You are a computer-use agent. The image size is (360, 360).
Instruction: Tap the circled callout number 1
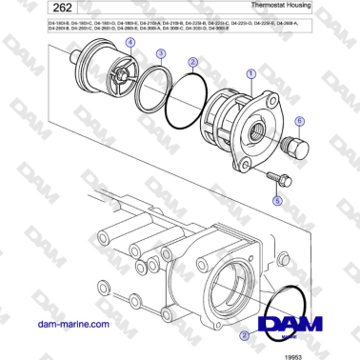point(250,72)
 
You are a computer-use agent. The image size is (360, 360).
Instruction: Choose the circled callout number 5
point(277,201)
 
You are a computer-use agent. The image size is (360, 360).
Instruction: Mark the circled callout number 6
point(299,121)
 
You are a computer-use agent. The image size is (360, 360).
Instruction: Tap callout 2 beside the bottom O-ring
point(246,336)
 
